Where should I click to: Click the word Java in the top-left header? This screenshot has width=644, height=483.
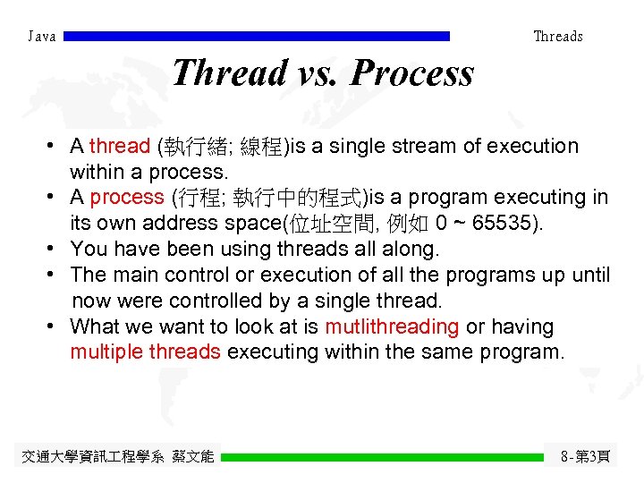42,37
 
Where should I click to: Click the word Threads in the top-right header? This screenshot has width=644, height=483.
557,37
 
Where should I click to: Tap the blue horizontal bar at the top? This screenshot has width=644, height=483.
258,37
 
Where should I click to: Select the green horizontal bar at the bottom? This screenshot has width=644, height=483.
382,457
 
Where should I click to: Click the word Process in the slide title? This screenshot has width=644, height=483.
412,72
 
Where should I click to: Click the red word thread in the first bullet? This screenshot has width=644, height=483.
120,146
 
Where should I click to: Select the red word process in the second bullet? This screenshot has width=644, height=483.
127,197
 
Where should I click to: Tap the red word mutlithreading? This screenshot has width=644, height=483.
392,327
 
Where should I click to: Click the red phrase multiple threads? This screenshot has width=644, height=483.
145,352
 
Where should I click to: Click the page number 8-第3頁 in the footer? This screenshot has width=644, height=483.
586,457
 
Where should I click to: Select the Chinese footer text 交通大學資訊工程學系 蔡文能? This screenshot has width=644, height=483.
117,457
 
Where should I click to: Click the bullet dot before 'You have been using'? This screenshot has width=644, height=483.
55,248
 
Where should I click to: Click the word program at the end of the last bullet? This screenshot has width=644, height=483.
521,352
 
